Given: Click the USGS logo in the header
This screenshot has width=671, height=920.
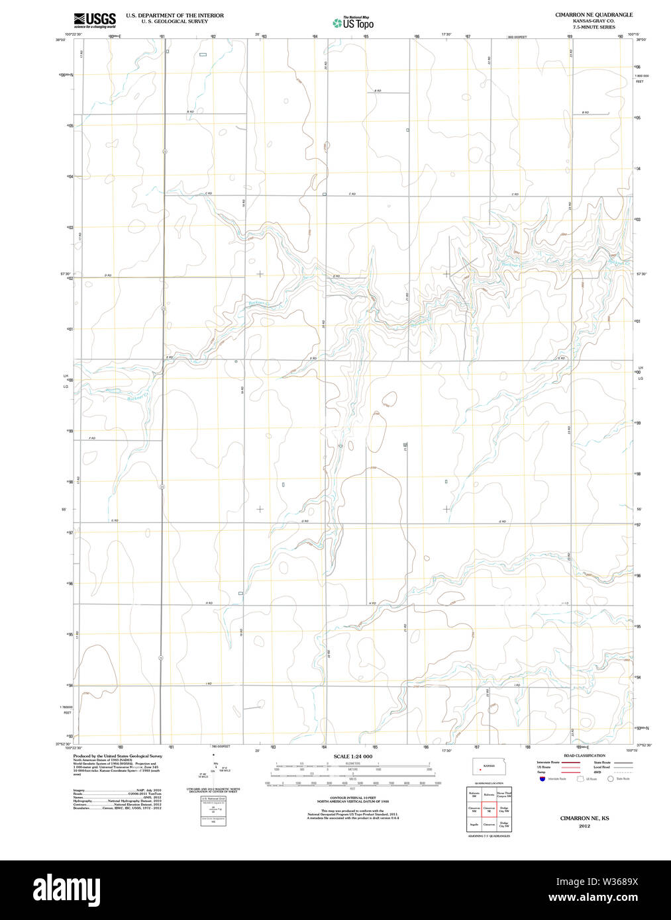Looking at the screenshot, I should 95,21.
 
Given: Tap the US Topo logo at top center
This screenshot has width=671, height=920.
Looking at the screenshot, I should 353,23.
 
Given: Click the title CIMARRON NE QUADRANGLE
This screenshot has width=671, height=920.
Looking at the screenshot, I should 594,15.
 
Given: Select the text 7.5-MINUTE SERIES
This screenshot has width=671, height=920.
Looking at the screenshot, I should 594,27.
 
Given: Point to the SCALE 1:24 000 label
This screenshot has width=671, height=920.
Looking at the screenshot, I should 352,757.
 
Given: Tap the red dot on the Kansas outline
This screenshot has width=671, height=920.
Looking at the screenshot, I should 480,770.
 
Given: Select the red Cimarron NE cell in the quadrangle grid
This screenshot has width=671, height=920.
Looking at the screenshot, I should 490,809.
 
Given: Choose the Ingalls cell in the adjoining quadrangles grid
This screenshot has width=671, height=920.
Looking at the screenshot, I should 474,825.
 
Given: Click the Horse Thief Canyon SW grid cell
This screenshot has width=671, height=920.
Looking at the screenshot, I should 504,794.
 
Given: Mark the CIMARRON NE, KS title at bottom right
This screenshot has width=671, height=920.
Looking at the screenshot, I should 584,818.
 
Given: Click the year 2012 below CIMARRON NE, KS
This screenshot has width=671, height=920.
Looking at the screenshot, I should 584,826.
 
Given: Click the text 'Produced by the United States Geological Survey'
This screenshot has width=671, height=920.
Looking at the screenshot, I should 117,756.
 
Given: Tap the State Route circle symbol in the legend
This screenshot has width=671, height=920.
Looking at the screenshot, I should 611,779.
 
